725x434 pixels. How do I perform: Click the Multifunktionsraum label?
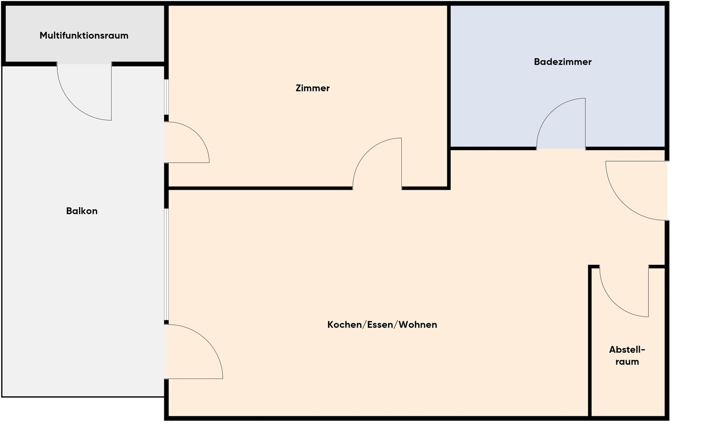coord(84,35)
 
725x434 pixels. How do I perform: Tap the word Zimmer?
coord(312,88)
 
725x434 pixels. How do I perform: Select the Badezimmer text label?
coord(563,62)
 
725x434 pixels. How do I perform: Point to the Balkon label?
coord(82,211)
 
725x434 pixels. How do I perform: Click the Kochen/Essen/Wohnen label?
coord(382,325)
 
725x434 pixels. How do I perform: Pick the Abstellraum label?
coord(627,356)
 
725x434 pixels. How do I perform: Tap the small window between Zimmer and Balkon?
coord(166,97)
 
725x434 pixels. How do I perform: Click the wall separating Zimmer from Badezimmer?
coord(449,96)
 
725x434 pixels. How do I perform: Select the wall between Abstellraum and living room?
coord(590,342)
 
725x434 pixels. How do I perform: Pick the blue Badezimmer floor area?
coord(557,76)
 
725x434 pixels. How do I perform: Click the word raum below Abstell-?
coord(627,362)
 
